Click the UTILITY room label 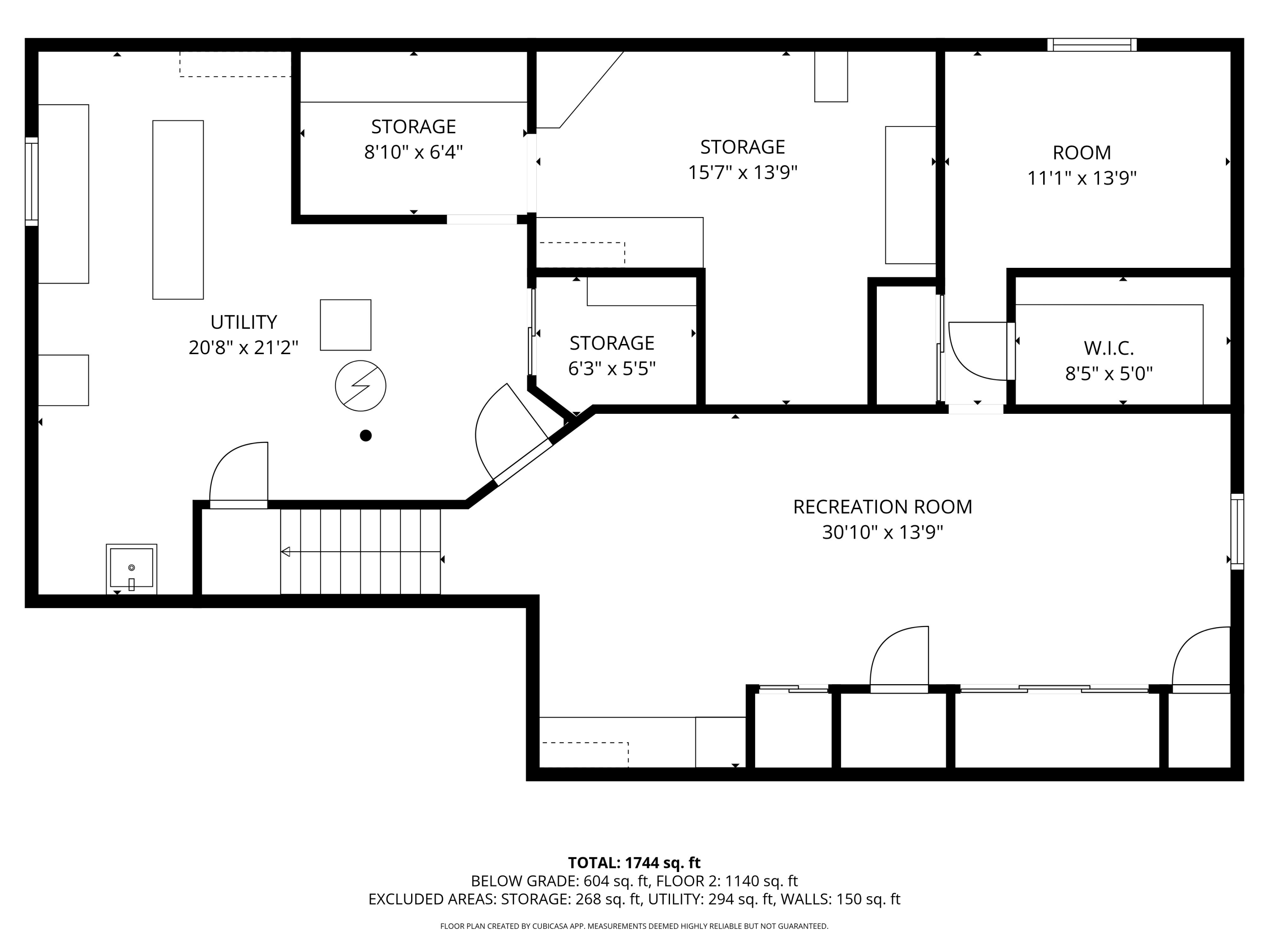click(243, 322)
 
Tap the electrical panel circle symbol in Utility click(360, 385)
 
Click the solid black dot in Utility click(365, 435)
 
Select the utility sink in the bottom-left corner click(132, 568)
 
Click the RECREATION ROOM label click(882, 507)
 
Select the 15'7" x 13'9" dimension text click(742, 172)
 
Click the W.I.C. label click(1108, 348)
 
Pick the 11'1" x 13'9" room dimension click(1082, 179)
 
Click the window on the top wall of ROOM click(1092, 45)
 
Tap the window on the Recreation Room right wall click(1237, 531)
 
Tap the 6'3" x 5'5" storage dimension click(612, 369)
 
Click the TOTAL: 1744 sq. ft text click(634, 862)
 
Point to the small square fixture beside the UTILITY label click(345, 325)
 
